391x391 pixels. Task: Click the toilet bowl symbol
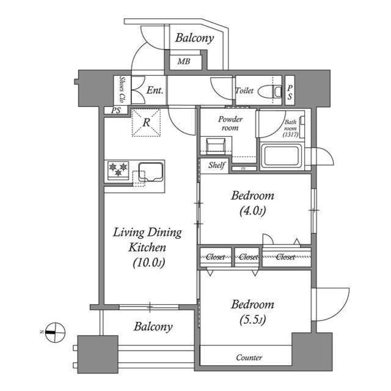tap(270, 92)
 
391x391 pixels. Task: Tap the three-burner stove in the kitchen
tap(118, 170)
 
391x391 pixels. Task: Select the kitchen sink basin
tap(151, 172)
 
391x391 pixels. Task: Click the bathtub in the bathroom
tap(281, 156)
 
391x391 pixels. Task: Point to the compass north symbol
tap(54, 332)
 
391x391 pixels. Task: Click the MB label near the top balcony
tap(184, 61)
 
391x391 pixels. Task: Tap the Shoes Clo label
tap(122, 90)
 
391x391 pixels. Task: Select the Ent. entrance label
tap(155, 90)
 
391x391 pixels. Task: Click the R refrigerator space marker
tap(147, 122)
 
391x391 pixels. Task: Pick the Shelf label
tap(216, 165)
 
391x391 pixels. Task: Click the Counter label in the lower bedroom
tap(249, 357)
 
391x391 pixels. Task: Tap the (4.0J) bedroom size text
tap(252, 211)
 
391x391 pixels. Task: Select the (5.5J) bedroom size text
tap(252, 320)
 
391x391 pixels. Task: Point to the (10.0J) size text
tap(148, 263)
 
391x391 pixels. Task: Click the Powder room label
tap(230, 123)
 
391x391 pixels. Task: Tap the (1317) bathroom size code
tap(291, 134)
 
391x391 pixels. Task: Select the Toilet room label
tap(244, 90)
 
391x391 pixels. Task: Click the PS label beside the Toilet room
tap(290, 92)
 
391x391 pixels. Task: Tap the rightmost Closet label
tap(285, 257)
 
